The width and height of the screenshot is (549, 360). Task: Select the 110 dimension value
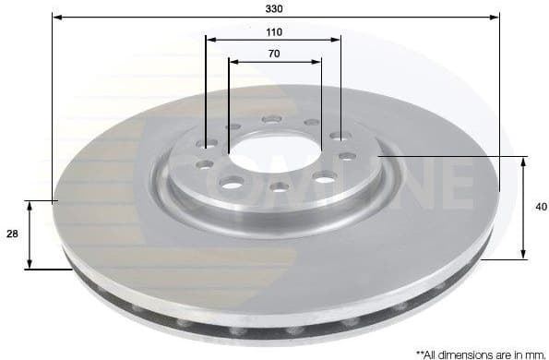click(273, 31)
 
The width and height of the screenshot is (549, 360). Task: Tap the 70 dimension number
click(274, 54)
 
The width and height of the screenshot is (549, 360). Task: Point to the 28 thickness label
click(12, 234)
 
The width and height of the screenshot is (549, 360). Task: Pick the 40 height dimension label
click(540, 207)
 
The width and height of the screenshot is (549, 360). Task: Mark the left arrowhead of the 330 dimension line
click(56, 17)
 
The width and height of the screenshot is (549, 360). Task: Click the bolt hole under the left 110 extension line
click(207, 143)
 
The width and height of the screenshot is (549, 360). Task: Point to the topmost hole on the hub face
click(271, 118)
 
